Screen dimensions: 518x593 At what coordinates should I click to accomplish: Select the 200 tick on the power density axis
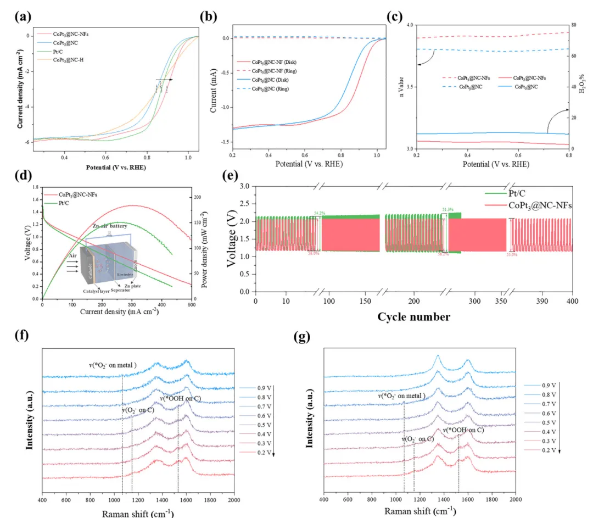[x=196, y=197]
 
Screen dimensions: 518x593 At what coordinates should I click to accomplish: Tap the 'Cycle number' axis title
[x=414, y=317]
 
